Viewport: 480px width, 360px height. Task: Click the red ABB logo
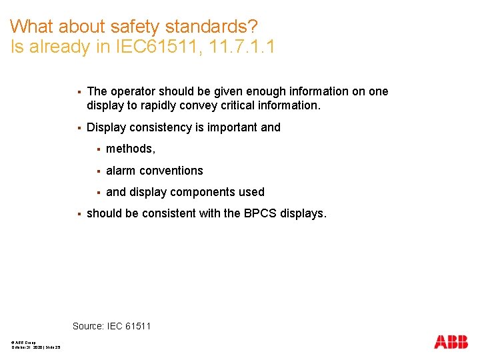coord(451,342)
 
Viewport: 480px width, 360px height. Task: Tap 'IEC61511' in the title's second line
coord(152,47)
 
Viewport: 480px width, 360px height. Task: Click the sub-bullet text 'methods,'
coord(131,149)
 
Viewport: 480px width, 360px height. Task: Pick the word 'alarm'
coord(121,171)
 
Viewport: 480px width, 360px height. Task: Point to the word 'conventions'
coord(171,171)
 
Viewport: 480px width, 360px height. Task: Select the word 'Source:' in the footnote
coord(88,326)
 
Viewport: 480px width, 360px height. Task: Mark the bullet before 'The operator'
coord(79,91)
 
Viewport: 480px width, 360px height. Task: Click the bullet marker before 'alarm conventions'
coord(98,171)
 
